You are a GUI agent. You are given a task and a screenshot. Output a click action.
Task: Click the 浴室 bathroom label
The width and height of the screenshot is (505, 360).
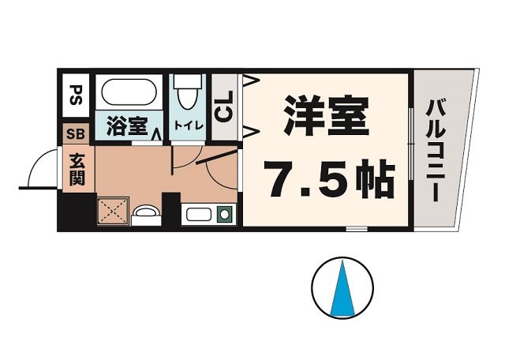point(126,127)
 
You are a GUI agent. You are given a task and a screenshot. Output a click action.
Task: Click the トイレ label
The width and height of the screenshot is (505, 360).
point(189,126)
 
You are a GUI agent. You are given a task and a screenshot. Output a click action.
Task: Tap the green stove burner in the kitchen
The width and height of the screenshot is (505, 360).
point(224,212)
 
